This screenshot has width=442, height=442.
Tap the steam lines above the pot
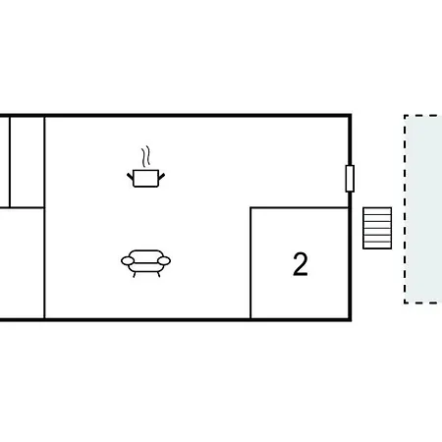(145, 156)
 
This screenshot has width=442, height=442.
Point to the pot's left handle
(131, 177)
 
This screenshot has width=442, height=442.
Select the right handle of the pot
(161, 177)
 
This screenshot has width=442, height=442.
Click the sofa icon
(145, 263)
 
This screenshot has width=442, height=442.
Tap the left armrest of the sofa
(128, 261)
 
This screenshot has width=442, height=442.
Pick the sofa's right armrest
(164, 261)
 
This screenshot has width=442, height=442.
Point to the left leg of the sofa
(135, 274)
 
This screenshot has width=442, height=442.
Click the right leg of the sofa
(159, 274)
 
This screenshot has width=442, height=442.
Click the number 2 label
(301, 264)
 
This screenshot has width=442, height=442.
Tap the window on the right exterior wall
(350, 179)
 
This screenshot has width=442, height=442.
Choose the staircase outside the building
(377, 228)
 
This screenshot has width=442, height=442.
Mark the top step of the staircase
(377, 211)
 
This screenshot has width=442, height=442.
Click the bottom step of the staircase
(377, 246)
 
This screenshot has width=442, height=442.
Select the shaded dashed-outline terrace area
(423, 209)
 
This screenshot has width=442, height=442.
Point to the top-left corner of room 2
(250, 207)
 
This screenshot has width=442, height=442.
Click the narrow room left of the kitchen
(27, 162)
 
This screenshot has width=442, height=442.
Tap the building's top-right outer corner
(351, 115)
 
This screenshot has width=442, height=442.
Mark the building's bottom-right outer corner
(351, 320)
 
